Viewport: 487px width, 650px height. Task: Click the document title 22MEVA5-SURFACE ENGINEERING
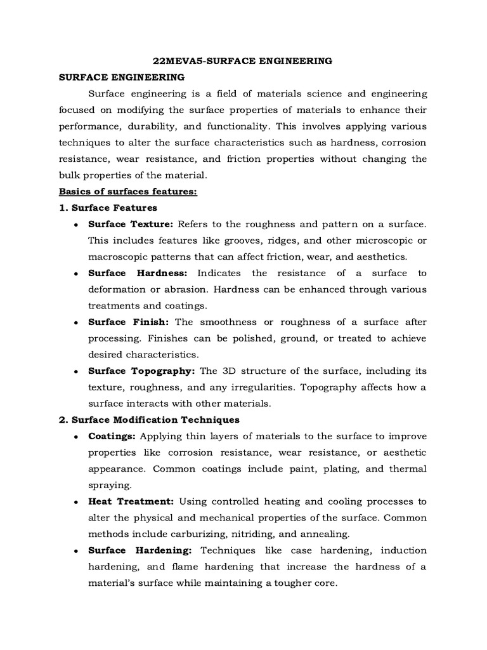click(x=243, y=61)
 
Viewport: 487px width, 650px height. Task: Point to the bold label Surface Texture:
click(x=131, y=224)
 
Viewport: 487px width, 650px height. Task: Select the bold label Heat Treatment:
click(x=130, y=501)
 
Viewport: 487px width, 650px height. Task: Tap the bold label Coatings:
click(x=112, y=436)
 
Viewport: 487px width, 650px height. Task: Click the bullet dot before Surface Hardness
click(x=76, y=274)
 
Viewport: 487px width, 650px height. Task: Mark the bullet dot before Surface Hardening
click(x=76, y=550)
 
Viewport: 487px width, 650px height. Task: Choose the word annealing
click(x=320, y=533)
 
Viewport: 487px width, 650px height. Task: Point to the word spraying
click(x=109, y=485)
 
